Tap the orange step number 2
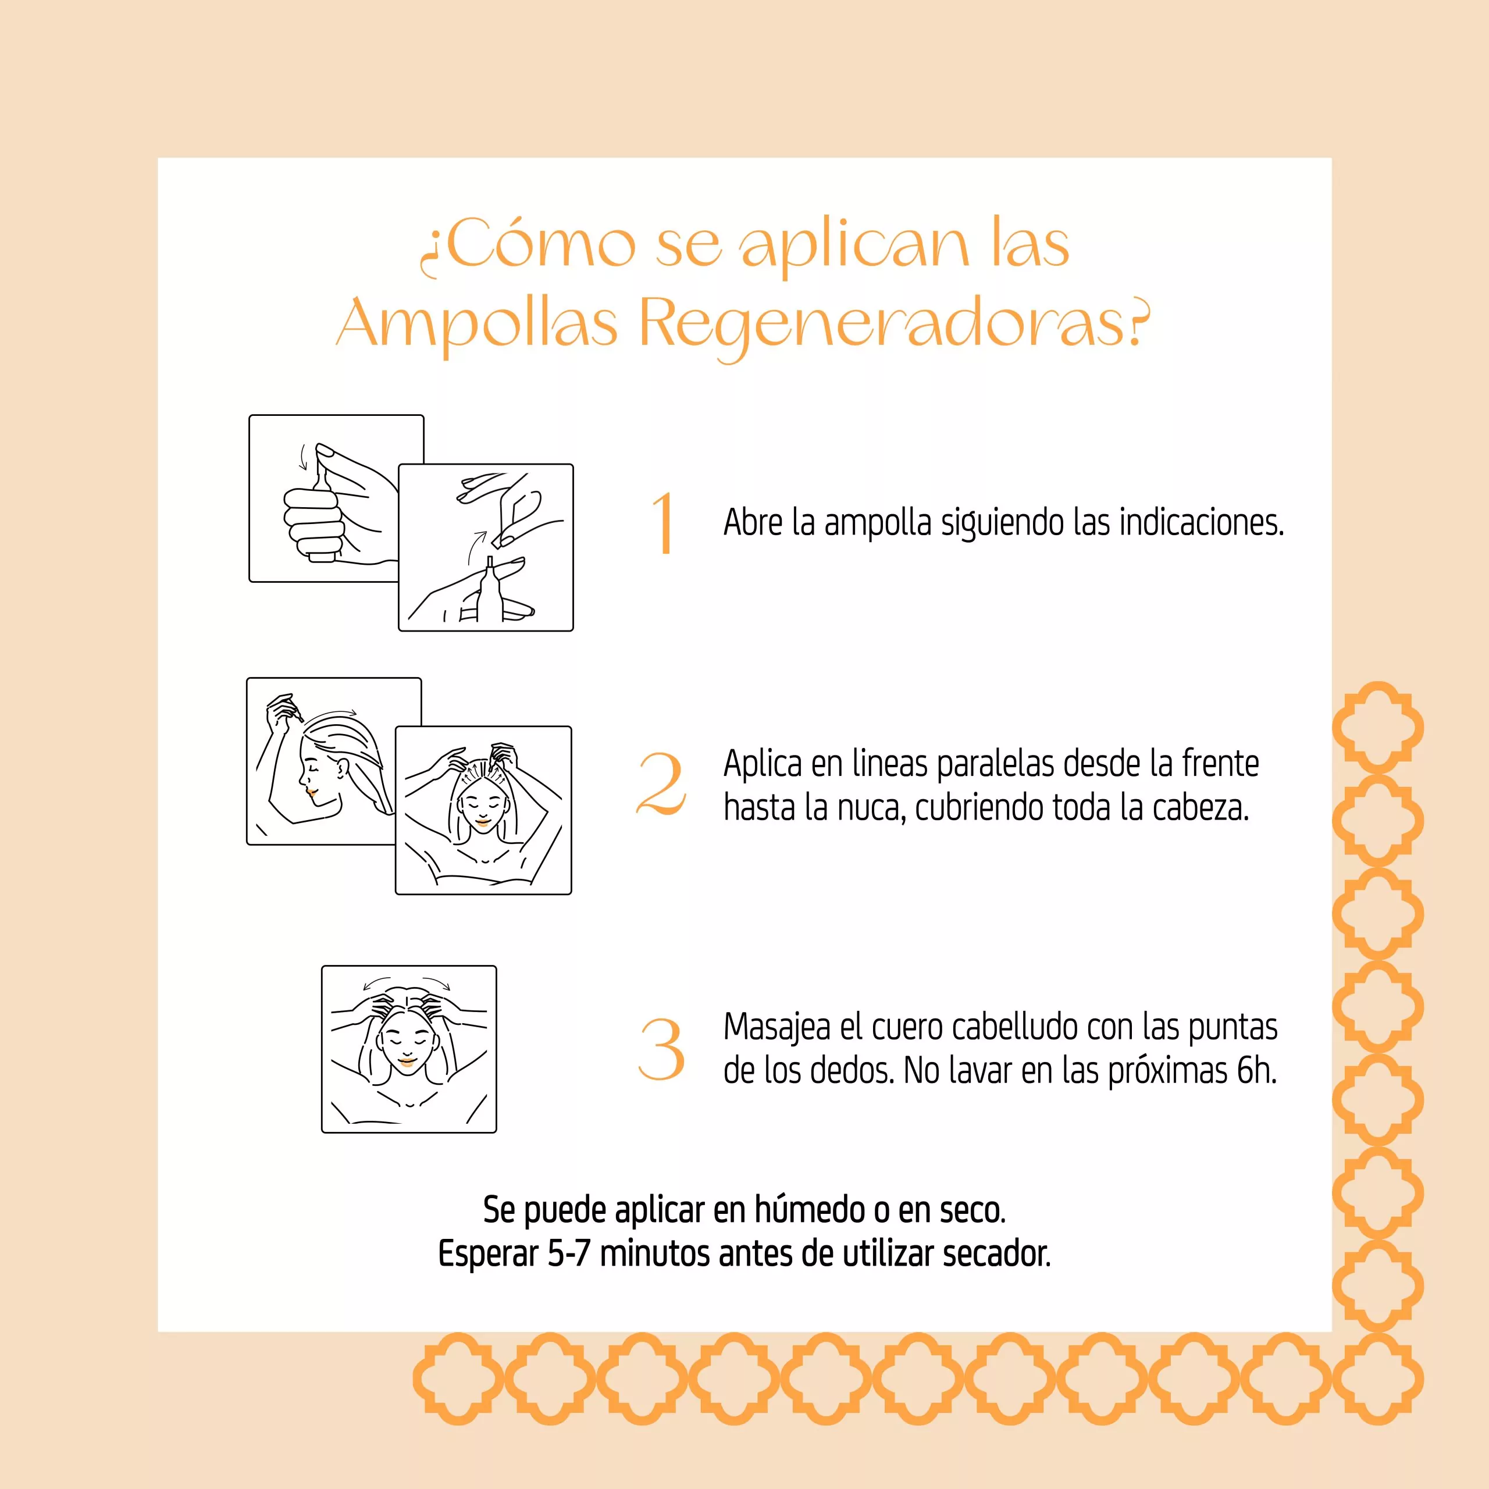(661, 785)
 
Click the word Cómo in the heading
(540, 244)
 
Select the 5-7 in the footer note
(569, 1254)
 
